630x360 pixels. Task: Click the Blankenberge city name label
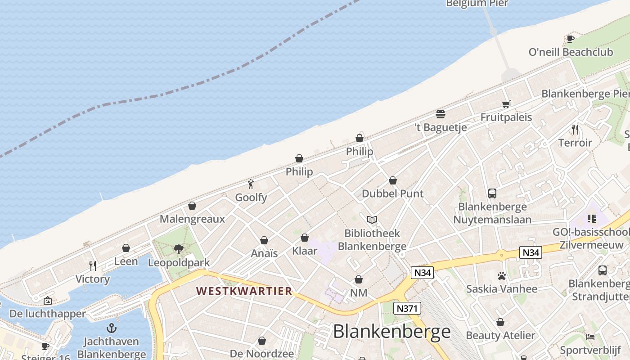[391, 332]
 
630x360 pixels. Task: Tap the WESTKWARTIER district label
[244, 291]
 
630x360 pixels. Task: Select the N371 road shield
[407, 309]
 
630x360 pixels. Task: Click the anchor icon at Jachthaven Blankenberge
[111, 328]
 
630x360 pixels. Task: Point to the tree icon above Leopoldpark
[179, 249]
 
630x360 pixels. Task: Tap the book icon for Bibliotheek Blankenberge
[372, 220]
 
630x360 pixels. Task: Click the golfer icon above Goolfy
[251, 184]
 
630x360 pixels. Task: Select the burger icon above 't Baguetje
[441, 114]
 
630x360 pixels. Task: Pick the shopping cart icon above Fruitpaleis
[506, 104]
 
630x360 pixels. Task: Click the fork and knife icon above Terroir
[575, 130]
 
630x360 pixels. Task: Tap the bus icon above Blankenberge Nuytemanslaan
[492, 193]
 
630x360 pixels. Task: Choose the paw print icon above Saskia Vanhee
[502, 275]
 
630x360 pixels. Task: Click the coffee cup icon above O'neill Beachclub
[571, 39]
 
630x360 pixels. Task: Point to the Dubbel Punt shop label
[393, 193]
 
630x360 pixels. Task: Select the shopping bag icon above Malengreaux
[192, 206]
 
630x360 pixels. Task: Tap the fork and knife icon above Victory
[93, 265]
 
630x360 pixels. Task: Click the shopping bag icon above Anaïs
[264, 240]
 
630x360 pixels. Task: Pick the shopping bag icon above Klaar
[305, 238]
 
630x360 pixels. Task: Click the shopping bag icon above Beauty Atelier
[500, 322]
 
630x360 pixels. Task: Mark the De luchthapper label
[47, 314]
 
